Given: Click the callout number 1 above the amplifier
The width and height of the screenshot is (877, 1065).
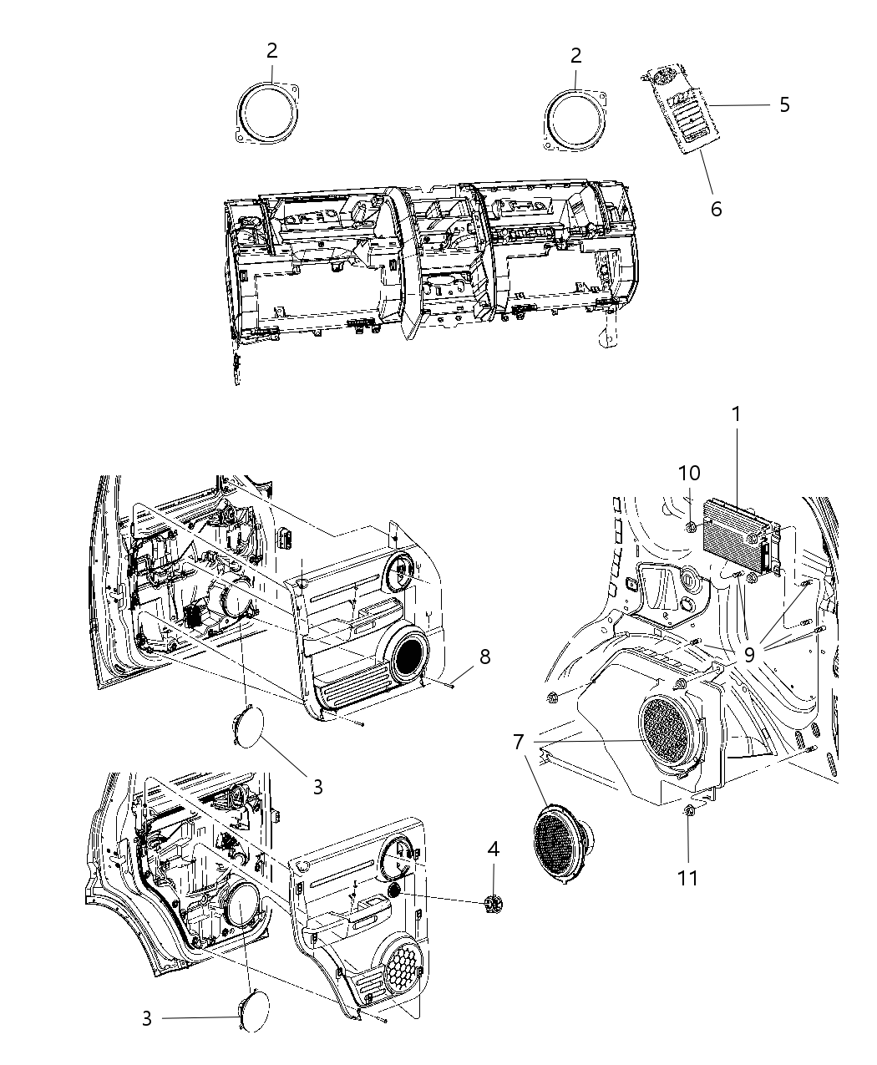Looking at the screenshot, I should (x=736, y=413).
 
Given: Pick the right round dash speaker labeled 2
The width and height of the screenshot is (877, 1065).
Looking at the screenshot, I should (x=575, y=119).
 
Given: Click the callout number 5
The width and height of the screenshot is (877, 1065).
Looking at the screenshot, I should (x=783, y=104).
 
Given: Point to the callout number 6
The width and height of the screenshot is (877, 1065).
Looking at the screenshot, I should (x=716, y=208).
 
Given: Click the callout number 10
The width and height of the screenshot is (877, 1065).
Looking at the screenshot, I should (x=690, y=474).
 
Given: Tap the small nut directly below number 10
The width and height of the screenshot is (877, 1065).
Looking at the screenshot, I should (x=692, y=526).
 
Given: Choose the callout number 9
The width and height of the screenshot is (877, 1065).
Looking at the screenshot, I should (x=749, y=655).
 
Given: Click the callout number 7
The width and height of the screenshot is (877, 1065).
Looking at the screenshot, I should (x=519, y=741).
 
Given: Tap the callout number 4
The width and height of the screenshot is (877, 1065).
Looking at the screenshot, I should (x=494, y=849).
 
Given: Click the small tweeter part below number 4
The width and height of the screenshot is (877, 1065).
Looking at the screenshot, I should (x=494, y=903).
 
